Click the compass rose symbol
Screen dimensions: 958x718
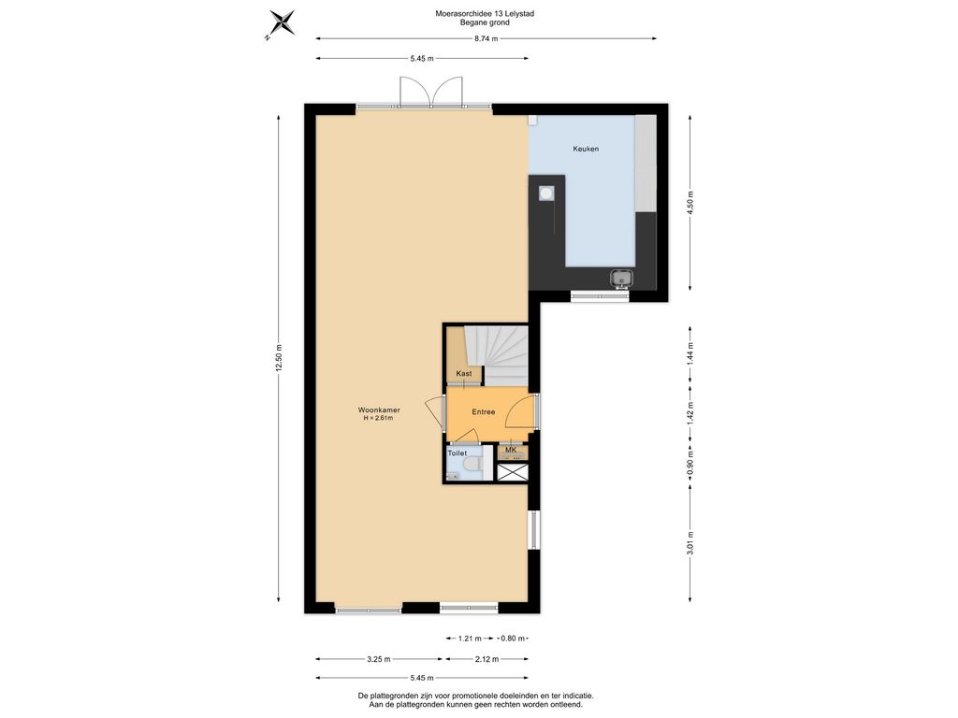[x=281, y=24]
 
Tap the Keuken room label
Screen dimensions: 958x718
[x=586, y=149]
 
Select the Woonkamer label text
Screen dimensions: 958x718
[x=379, y=410]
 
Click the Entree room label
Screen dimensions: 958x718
[x=484, y=412]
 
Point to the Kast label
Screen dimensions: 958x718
[x=464, y=374]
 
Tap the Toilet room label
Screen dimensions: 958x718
[x=457, y=453]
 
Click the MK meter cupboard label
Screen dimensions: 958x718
[x=511, y=450]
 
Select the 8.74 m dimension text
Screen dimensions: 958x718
[x=486, y=38]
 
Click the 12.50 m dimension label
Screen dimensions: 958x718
[x=279, y=358]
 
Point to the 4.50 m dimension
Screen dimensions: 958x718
[x=690, y=203]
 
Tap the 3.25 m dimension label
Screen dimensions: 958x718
[x=379, y=659]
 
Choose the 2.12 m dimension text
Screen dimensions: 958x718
[x=486, y=659]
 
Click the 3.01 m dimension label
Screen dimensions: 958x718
[x=690, y=543]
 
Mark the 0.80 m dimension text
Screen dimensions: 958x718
[x=513, y=639]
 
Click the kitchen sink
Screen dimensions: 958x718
[x=622, y=279]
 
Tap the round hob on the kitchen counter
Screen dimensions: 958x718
[x=546, y=194]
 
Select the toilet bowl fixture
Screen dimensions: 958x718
[x=472, y=467]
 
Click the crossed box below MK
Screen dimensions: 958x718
[x=512, y=472]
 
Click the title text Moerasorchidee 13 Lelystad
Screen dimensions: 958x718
[x=485, y=13]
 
